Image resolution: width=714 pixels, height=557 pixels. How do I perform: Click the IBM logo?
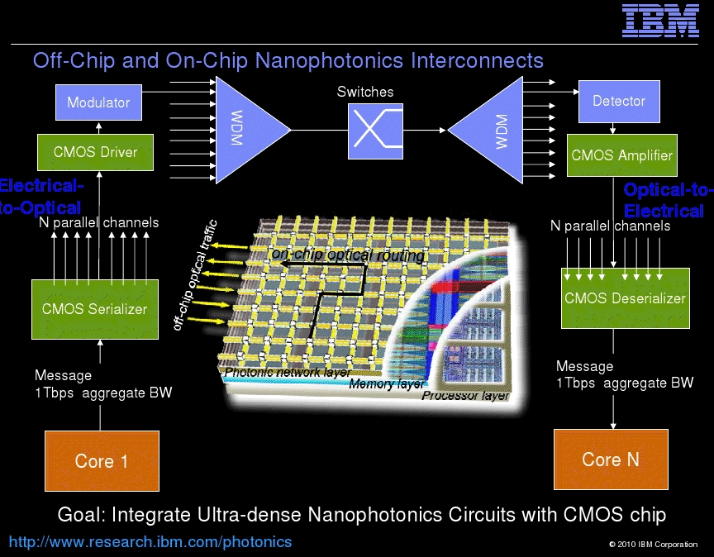pos(660,21)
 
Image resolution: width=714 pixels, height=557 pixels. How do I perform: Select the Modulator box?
pos(98,102)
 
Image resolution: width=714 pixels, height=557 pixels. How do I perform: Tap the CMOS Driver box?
pos(95,152)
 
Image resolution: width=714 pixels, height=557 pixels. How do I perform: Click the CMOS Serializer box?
pos(95,309)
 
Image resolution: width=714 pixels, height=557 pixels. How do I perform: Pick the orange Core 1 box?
pos(102,461)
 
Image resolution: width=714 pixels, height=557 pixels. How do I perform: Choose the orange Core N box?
pos(611,459)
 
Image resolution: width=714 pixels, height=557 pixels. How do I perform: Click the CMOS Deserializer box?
pos(626,298)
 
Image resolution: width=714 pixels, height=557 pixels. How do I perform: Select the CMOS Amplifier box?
pos(622,155)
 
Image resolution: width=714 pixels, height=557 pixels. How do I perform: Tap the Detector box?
pos(619,101)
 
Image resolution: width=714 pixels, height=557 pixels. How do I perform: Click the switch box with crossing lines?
pos(375,131)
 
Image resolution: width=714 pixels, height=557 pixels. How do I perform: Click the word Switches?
pos(365,92)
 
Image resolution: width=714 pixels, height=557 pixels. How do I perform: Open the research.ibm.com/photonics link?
pos(150,542)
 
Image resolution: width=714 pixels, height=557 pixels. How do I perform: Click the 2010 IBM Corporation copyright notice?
pos(653,545)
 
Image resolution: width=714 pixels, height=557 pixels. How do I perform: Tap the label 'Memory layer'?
pos(387,384)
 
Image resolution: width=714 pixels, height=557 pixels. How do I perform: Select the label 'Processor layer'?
pos(465,395)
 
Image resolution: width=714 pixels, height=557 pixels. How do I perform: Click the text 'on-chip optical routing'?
pos(348,255)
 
